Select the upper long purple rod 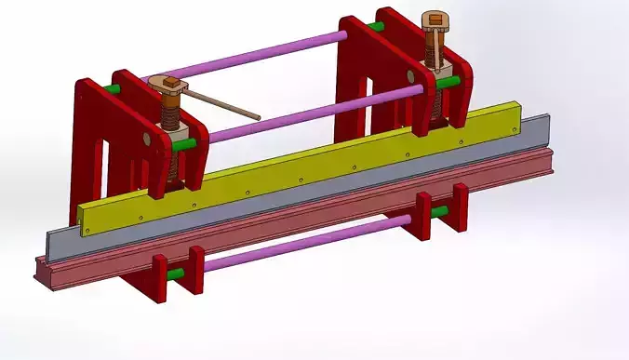click(x=251, y=58)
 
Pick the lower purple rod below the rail click(x=307, y=243)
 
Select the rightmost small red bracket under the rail click(x=459, y=206)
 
